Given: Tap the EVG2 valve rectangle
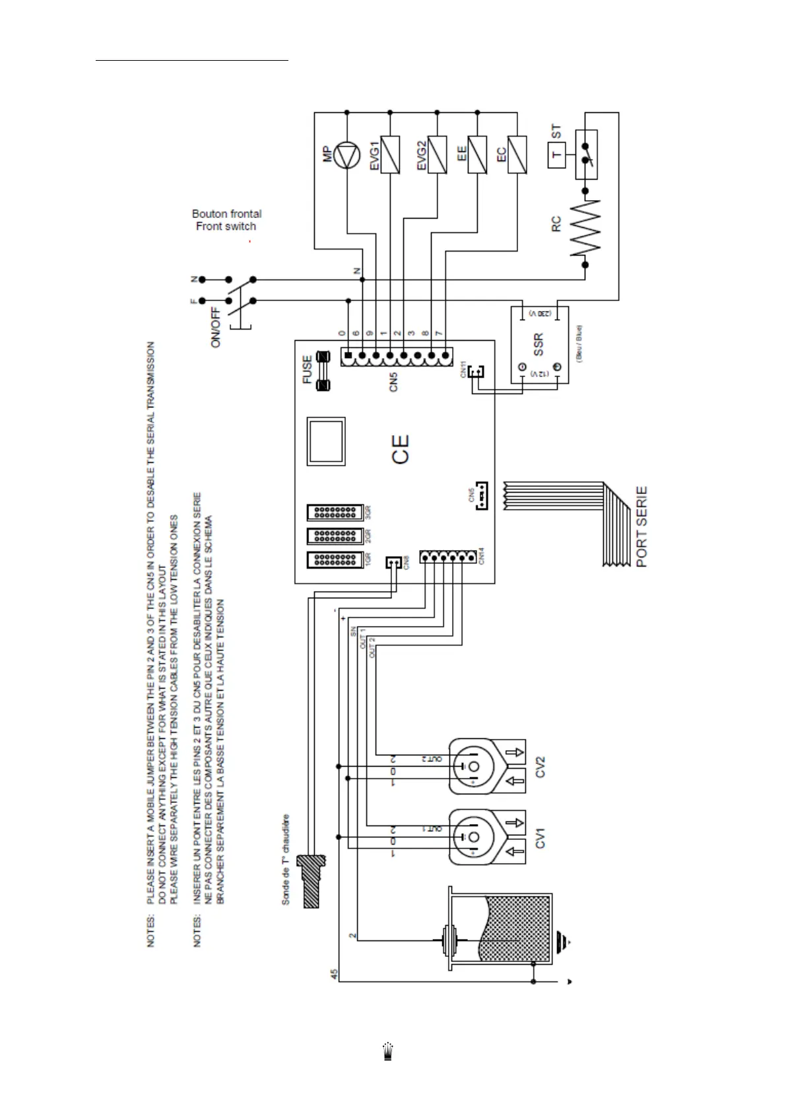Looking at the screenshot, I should pos(438,155).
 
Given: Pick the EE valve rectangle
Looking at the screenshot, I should pos(477,155).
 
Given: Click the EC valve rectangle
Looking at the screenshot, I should pos(517,155).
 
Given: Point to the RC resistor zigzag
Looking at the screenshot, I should pos(585,228).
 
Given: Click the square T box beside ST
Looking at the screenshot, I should pos(557,155).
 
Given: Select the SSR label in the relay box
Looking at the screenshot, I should pos(538,346).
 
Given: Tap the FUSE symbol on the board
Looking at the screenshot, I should pos(324,372).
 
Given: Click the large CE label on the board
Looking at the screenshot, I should pos(401,449).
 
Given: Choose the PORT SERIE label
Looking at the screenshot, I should pos(641,526).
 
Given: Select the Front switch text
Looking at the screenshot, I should pos(226,226).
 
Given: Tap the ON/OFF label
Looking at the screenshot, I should pos(216,328).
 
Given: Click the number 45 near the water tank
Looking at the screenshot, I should pos(334,974).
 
